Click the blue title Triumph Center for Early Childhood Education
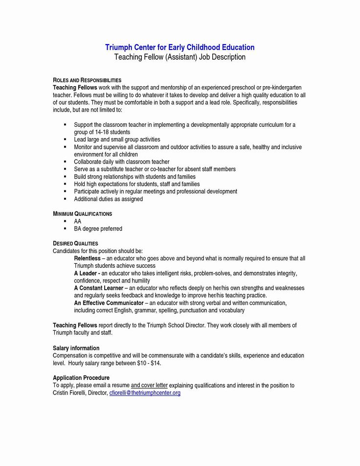pyautogui.click(x=180, y=47)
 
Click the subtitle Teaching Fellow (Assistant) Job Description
pyautogui.click(x=180, y=57)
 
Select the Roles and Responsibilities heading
pyautogui.click(x=87, y=80)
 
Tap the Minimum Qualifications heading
pyautogui.click(x=83, y=214)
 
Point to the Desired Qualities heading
pyautogui.click(x=75, y=243)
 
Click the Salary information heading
pyautogui.click(x=76, y=348)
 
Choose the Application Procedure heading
pyautogui.click(x=81, y=378)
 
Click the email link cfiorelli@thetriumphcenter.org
pyautogui.click(x=145, y=393)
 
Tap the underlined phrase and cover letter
pyautogui.click(x=149, y=386)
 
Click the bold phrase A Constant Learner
pyautogui.click(x=97, y=288)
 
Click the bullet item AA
pyautogui.click(x=77, y=221)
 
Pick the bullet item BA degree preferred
pyautogui.click(x=98, y=229)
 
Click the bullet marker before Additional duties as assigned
pyautogui.click(x=65, y=199)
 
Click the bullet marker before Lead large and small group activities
pyautogui.click(x=65, y=140)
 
